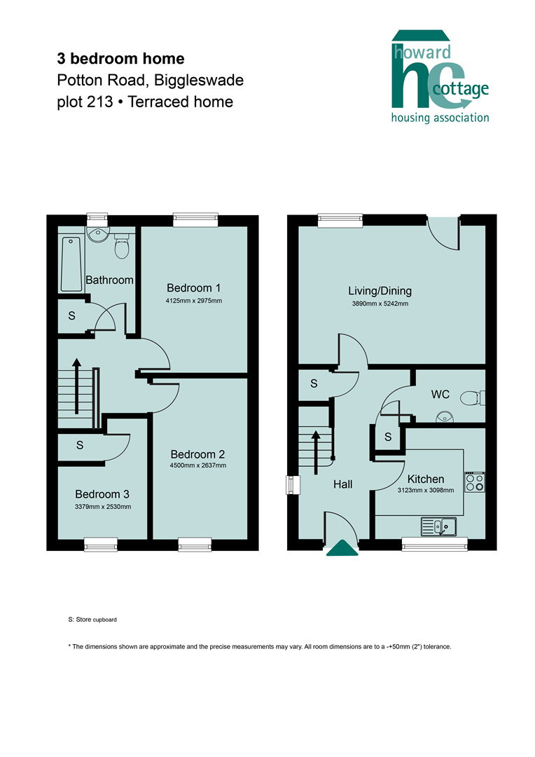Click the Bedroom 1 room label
(x=193, y=288)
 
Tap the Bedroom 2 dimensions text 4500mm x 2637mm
(x=197, y=465)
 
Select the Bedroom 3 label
(x=102, y=494)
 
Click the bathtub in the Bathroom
(x=71, y=264)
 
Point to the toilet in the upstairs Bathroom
(x=122, y=245)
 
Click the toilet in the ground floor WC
(x=472, y=398)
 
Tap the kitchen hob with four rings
(x=474, y=482)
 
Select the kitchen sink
(x=438, y=526)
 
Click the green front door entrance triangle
(x=342, y=548)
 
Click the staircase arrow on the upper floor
(x=77, y=386)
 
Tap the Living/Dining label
(x=380, y=291)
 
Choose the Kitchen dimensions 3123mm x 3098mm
(x=426, y=490)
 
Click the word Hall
(x=343, y=484)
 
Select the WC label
(x=440, y=395)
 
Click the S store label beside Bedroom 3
(x=80, y=445)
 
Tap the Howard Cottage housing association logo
(x=440, y=76)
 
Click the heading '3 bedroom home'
(x=120, y=58)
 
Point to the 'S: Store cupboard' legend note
(x=92, y=620)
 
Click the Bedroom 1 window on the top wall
(x=195, y=220)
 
